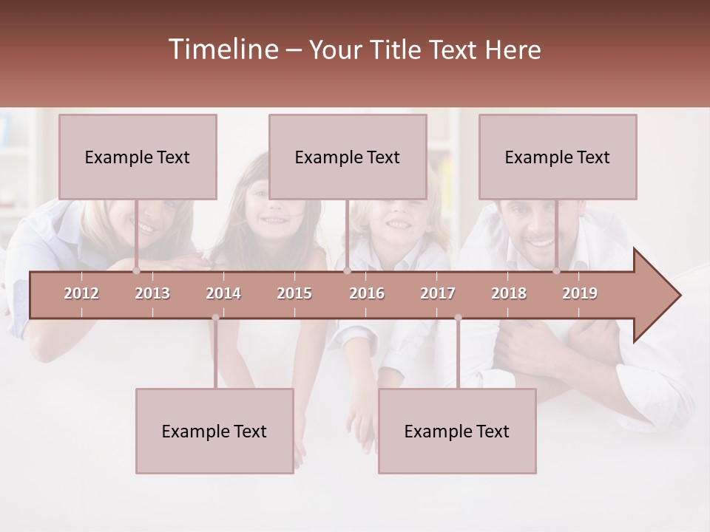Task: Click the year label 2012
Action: tap(81, 293)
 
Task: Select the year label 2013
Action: tap(152, 293)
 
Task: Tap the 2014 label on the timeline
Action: tap(223, 293)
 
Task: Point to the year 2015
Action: tap(294, 293)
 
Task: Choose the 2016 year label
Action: tap(367, 293)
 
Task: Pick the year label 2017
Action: tap(438, 293)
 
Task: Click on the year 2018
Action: tap(509, 293)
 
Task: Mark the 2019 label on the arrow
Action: tap(580, 293)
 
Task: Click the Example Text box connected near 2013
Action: tap(138, 157)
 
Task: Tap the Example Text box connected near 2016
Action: tap(348, 157)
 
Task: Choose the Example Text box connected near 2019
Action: tap(558, 157)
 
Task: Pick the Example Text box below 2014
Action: tap(214, 431)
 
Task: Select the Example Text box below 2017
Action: tap(457, 431)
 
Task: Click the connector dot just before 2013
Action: tap(136, 271)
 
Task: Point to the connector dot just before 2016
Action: tap(347, 271)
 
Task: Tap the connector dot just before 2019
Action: tap(557, 271)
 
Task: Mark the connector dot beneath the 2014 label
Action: tap(215, 318)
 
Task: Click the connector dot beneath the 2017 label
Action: tap(458, 318)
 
